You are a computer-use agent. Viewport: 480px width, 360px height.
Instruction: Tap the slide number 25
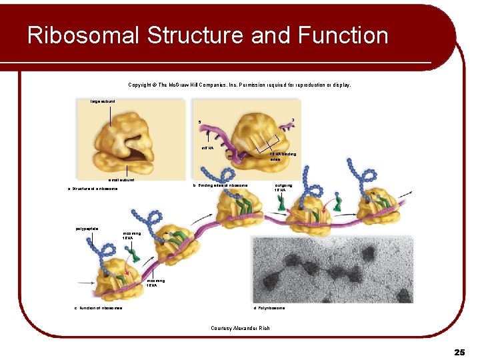459,351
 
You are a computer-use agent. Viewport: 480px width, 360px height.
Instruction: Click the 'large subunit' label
103,101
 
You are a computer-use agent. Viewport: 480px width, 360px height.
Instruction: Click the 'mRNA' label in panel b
207,147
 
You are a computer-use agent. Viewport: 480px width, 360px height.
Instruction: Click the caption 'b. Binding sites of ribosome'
220,185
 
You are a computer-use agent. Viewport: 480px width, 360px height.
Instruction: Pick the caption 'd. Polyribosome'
269,308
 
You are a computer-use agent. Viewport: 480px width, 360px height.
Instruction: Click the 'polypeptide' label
87,229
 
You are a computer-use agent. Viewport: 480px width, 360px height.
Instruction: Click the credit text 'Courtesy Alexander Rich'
239,327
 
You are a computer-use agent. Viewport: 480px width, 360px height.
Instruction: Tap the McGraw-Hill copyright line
239,85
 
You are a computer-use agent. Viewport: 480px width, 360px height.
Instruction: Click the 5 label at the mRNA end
199,121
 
